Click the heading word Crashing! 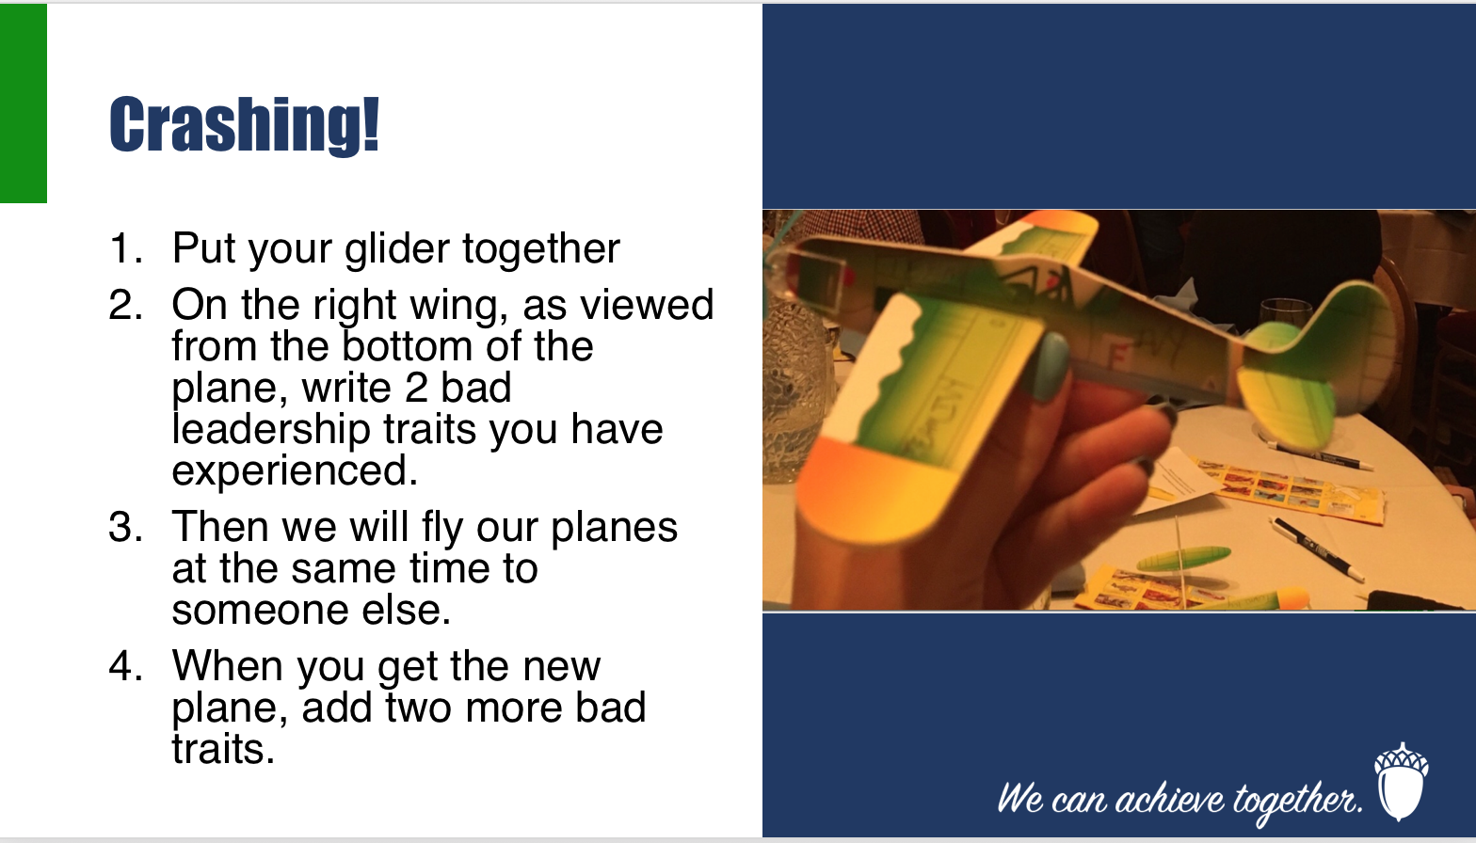tap(244, 125)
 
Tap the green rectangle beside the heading tap(23, 103)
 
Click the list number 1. tap(125, 248)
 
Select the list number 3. tap(125, 527)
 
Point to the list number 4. tap(125, 665)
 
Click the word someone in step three tap(260, 611)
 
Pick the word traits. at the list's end tap(223, 750)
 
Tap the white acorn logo tap(1401, 782)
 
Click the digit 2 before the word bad tap(416, 388)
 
